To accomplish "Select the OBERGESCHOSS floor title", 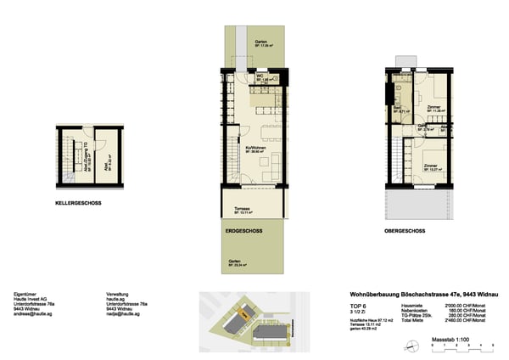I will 404,230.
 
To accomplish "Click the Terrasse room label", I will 235,211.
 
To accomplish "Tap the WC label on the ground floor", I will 259,76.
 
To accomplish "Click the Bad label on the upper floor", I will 397,108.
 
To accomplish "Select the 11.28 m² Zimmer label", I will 433,108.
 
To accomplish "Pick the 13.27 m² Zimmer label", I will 431,166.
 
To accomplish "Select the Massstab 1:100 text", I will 450,339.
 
